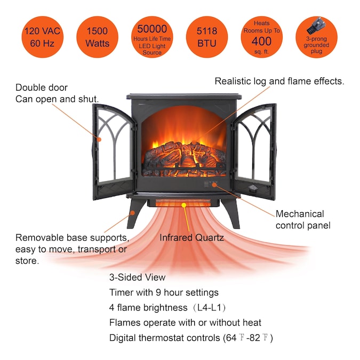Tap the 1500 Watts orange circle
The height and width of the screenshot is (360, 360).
coord(97,36)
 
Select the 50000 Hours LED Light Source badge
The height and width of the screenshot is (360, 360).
coord(152,36)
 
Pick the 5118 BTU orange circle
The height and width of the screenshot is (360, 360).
coord(207,36)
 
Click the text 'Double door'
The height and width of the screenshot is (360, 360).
coord(42,87)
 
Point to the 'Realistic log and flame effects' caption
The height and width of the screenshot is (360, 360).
coord(279,82)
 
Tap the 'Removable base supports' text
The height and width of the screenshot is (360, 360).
coord(72,237)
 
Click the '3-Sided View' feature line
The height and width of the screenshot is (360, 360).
coord(137,277)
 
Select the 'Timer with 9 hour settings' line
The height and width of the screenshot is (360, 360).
coord(164,292)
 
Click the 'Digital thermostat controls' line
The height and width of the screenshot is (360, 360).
coord(191,338)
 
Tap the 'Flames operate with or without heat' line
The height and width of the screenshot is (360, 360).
coord(185,323)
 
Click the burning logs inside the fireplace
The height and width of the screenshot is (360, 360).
coord(184,155)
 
